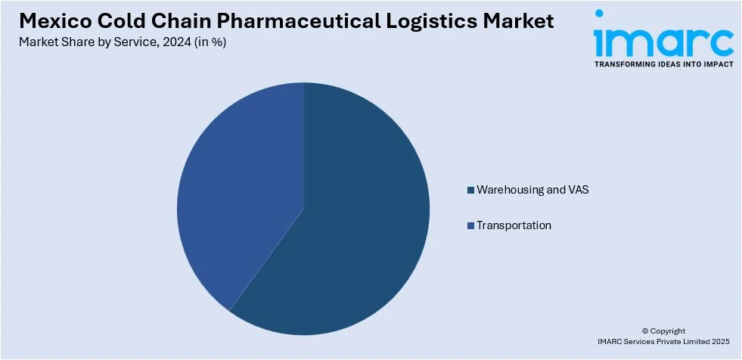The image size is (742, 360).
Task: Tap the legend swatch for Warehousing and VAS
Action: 470,190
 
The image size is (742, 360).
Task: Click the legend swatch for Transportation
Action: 470,225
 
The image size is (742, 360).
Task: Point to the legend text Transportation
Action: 514,225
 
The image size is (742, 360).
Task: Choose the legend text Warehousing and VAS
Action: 532,190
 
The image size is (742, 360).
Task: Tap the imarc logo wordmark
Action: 663,42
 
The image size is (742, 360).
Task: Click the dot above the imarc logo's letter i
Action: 599,14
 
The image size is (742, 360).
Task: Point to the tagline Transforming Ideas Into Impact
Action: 663,64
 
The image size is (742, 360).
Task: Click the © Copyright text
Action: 663,331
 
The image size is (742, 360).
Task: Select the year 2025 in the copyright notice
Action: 722,341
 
